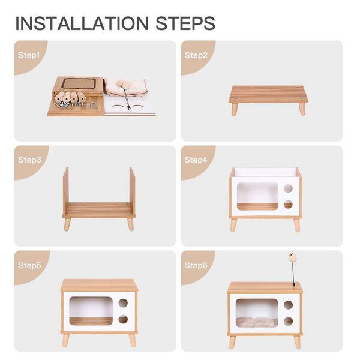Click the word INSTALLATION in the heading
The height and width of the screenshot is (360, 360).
(82, 23)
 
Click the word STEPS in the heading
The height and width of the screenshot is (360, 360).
(185, 23)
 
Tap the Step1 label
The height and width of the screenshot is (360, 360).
(29, 55)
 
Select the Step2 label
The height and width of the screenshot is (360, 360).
(196, 55)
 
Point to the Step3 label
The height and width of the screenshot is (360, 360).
(29, 160)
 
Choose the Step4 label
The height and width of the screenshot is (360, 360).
(196, 160)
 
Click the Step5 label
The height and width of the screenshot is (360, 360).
(29, 265)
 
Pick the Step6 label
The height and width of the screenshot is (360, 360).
(196, 265)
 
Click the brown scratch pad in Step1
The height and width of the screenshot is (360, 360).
(79, 83)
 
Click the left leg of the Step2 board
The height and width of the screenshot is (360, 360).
(235, 109)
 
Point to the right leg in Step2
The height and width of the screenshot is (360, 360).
(302, 109)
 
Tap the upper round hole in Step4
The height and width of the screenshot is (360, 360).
(288, 188)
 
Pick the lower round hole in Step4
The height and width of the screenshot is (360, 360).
(288, 205)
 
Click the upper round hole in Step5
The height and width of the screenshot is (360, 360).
(123, 303)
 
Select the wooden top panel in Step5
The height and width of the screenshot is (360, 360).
(99, 286)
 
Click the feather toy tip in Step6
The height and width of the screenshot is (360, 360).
(292, 256)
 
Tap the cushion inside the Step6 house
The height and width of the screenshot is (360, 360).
(257, 322)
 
